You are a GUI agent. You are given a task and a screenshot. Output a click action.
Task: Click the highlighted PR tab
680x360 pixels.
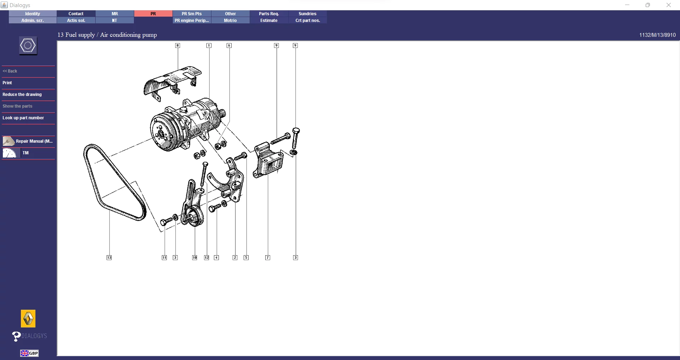click(x=153, y=14)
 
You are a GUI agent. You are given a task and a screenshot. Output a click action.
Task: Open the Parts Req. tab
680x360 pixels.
click(x=269, y=14)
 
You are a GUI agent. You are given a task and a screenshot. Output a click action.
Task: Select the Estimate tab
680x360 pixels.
click(x=269, y=21)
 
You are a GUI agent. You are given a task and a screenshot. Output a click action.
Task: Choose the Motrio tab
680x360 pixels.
click(x=230, y=21)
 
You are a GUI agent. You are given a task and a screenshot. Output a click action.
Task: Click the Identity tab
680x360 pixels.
click(x=33, y=14)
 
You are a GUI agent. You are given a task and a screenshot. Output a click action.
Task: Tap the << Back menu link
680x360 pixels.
click(x=10, y=71)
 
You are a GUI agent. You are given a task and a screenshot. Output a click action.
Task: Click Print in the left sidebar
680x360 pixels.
click(x=7, y=83)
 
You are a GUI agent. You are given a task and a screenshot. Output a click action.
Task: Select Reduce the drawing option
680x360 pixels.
click(x=22, y=95)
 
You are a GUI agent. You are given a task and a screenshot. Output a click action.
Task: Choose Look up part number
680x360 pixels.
click(x=23, y=118)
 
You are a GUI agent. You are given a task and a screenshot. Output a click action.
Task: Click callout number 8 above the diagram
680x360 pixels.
click(x=178, y=45)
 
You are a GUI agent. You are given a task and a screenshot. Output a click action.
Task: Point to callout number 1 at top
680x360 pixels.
click(x=209, y=45)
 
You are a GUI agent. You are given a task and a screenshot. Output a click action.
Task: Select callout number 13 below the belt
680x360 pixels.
click(x=109, y=258)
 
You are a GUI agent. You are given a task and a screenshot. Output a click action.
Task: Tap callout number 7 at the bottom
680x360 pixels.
click(x=268, y=258)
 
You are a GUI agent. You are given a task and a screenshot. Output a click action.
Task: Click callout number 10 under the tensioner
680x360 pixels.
click(x=194, y=258)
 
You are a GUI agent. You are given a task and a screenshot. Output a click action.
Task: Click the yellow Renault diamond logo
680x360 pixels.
click(x=28, y=319)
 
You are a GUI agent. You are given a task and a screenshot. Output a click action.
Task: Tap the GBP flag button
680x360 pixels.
click(x=29, y=353)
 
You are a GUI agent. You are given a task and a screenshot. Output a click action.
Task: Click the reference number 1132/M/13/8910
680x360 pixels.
click(x=657, y=35)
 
